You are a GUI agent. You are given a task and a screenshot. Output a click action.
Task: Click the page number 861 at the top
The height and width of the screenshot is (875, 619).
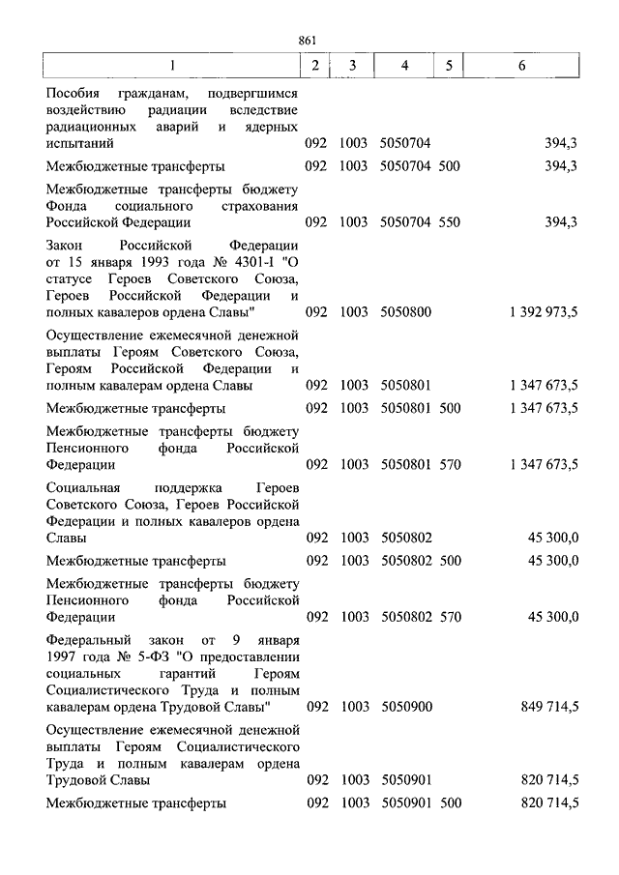[309, 40]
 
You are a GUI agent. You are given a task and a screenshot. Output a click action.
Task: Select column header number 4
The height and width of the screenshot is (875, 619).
[405, 66]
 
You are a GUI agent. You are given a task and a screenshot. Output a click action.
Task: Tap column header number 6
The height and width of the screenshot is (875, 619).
[522, 66]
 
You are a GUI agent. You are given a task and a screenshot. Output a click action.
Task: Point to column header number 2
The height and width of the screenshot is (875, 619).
[315, 66]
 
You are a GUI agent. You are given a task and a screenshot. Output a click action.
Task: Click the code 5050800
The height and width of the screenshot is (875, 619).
[405, 312]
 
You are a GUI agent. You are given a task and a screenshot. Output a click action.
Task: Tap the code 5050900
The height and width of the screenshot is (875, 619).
[405, 707]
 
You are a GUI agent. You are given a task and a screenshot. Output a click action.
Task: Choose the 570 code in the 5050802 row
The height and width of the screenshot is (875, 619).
[451, 616]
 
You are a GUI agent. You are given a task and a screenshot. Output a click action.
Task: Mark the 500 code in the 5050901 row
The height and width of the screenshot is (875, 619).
[451, 803]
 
